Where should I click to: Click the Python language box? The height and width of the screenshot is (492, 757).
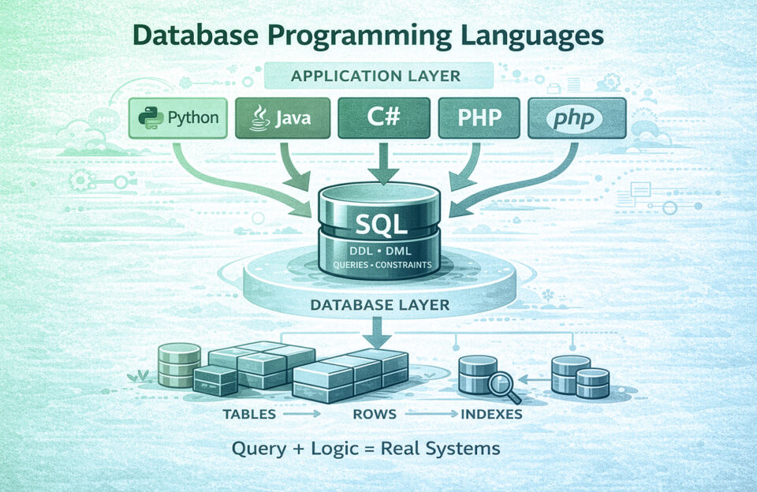tap(178, 118)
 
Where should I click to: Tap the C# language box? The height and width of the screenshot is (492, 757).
tap(384, 117)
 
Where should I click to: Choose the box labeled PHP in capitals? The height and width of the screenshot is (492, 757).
tap(479, 118)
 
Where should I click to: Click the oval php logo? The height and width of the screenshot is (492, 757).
tap(576, 118)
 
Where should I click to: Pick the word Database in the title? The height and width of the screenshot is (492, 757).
tap(199, 36)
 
